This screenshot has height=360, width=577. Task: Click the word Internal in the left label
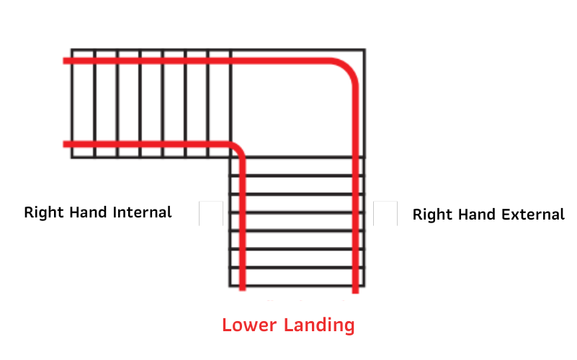pyautogui.click(x=142, y=212)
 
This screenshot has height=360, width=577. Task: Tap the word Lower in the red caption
pyautogui.click(x=249, y=325)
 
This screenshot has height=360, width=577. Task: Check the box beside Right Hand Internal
pyautogui.click(x=211, y=213)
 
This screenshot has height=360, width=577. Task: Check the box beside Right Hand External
pyautogui.click(x=385, y=213)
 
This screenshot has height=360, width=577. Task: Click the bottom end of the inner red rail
pyautogui.click(x=242, y=290)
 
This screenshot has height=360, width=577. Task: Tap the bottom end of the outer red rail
pyautogui.click(x=355, y=293)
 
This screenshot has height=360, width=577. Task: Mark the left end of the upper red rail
pyautogui.click(x=63, y=61)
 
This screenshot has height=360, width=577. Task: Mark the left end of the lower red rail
pyautogui.click(x=63, y=145)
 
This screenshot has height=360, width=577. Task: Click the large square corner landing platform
pyautogui.click(x=298, y=104)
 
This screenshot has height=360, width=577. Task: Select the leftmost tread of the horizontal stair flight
pyautogui.click(x=83, y=104)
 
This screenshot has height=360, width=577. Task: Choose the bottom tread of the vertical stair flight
pyautogui.click(x=297, y=277)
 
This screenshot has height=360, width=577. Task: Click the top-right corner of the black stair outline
pyautogui.click(x=364, y=49)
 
